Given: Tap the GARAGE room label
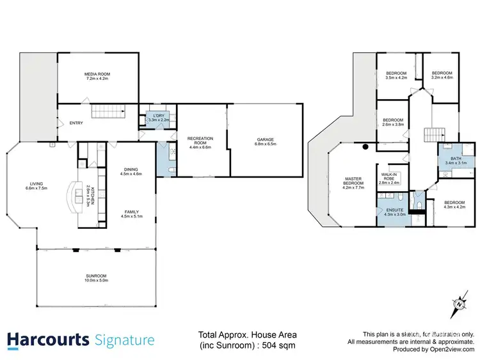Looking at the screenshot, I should coord(265,140).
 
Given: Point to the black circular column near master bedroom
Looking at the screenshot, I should coord(365,146).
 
